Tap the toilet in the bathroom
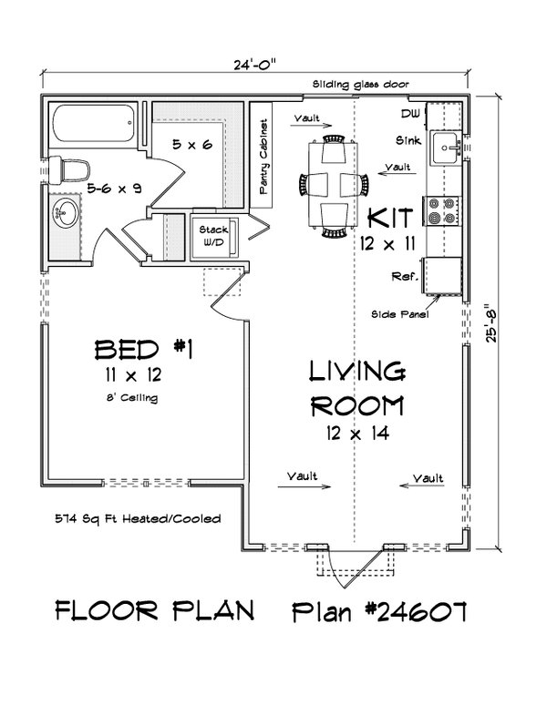coord(70,169)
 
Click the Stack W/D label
coord(213,237)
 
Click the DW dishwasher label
coord(408,113)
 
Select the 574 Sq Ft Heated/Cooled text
coord(137,519)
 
